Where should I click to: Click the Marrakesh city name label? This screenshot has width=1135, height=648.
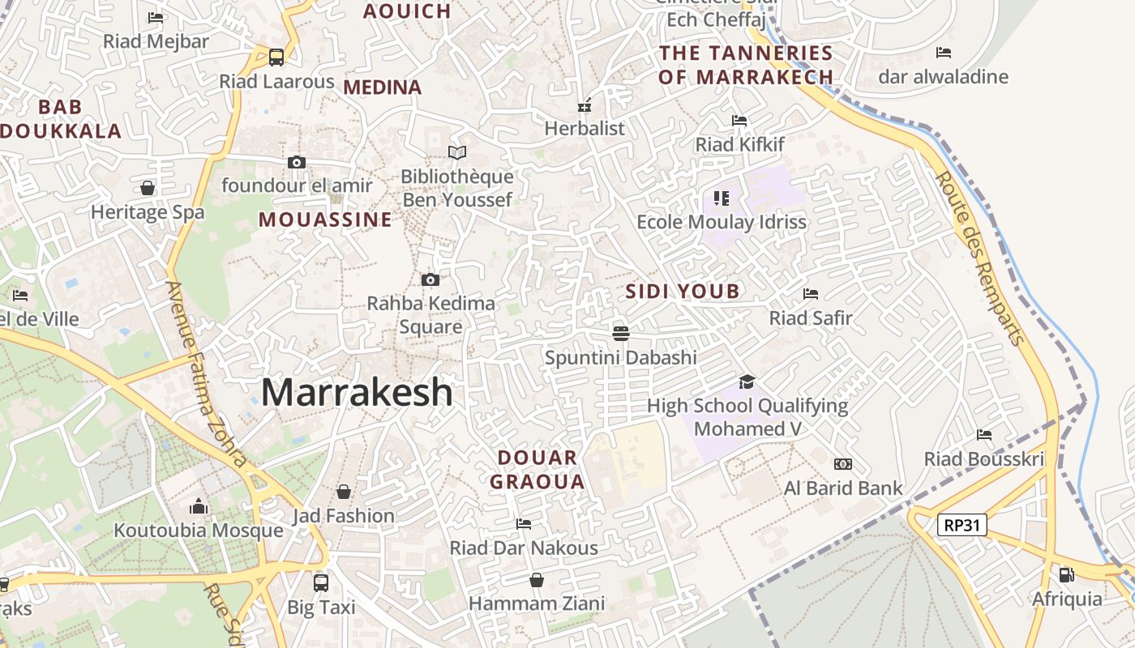(357, 393)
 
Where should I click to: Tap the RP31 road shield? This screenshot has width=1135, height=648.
(962, 525)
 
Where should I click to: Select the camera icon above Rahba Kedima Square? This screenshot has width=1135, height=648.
(430, 280)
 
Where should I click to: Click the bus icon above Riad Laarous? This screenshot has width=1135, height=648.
(276, 58)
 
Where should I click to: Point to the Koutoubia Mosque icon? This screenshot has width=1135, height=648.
(199, 507)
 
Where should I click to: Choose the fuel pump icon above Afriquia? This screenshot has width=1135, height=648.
(1066, 575)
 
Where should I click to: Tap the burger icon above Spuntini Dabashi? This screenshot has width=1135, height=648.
(621, 333)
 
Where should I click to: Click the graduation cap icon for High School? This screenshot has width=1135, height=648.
(747, 382)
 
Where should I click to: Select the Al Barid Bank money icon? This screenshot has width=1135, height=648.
(843, 464)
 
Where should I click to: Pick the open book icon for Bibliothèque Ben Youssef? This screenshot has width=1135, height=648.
(457, 152)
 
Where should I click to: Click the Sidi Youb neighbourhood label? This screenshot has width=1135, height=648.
(683, 292)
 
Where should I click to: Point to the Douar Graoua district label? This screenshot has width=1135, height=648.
(538, 470)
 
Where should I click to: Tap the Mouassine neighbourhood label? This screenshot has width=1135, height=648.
(325, 220)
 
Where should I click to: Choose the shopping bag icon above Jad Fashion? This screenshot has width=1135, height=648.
(344, 492)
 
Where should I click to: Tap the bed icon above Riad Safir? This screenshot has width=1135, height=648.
(811, 293)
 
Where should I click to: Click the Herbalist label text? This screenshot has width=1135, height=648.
(585, 128)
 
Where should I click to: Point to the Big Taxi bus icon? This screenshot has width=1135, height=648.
(321, 582)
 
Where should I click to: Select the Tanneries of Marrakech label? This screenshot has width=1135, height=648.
(746, 65)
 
